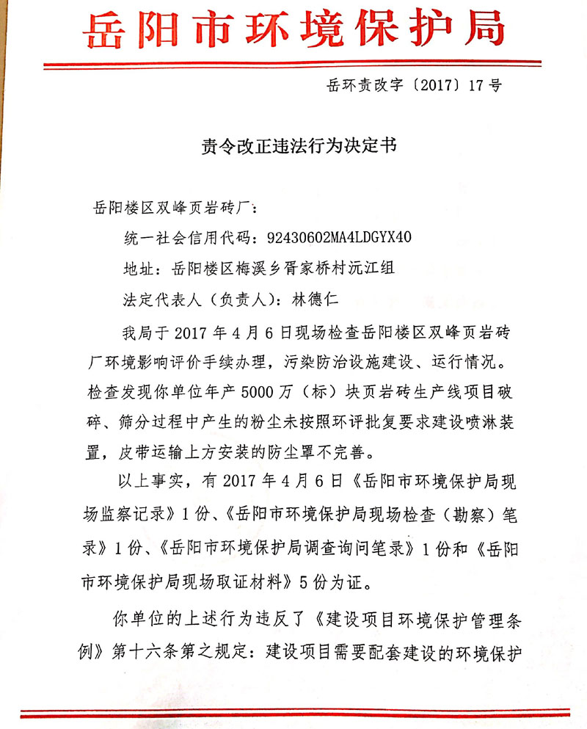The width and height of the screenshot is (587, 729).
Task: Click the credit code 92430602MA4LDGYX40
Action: click(x=340, y=237)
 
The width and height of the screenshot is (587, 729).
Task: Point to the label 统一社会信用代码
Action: click(x=190, y=237)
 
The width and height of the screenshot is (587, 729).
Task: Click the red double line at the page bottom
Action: click(x=293, y=713)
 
